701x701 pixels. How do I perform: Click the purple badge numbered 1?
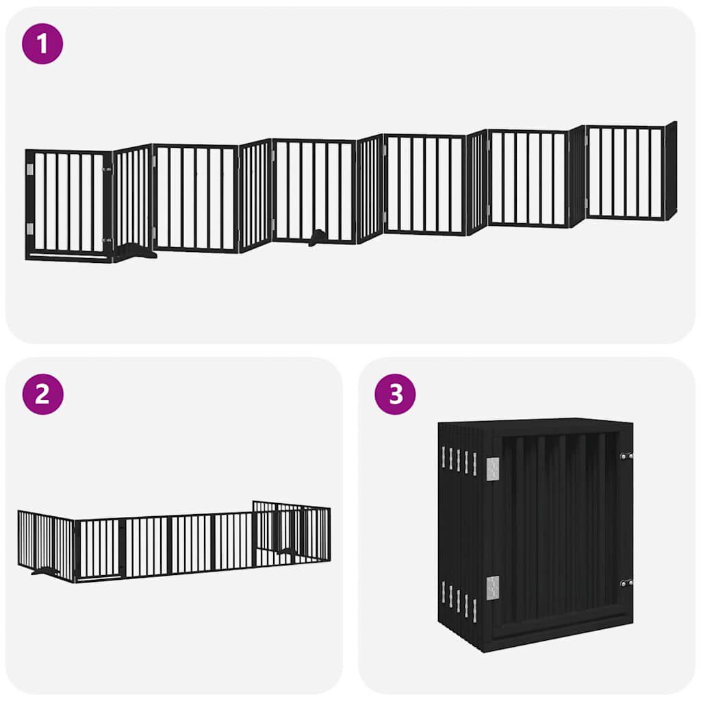pos(42,44)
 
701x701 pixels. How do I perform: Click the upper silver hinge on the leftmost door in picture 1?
pos(29,169)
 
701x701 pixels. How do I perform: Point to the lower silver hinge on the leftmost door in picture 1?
pos(29,229)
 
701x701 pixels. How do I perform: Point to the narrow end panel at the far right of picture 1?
pos(671,170)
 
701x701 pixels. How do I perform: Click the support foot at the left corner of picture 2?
pos(45,570)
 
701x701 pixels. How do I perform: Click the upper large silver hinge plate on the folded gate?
pos(493,468)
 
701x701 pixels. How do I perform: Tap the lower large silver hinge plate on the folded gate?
pos(493,587)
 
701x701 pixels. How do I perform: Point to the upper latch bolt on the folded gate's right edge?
pos(626,455)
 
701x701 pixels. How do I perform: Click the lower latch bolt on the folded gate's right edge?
pos(626,583)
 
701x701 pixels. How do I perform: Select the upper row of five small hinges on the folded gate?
pos(459,460)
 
